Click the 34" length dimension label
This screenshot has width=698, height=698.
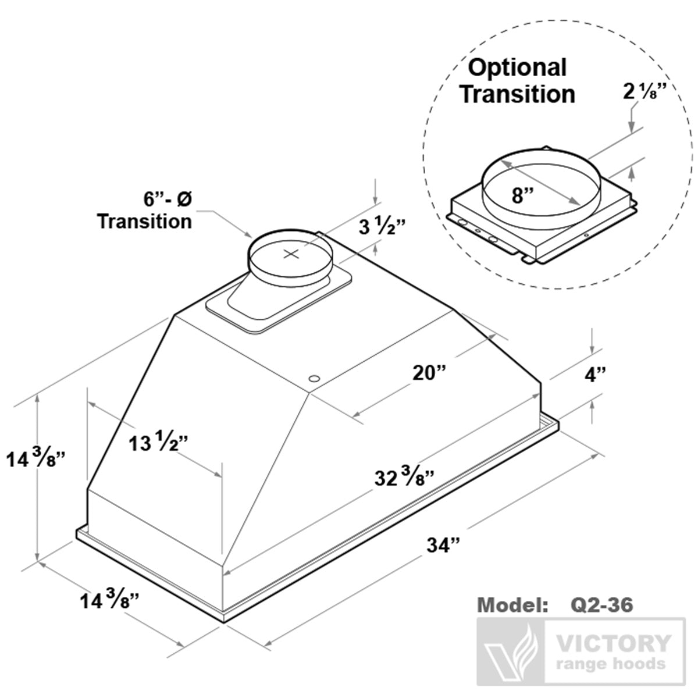[x=443, y=546]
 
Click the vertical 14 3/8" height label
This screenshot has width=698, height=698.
[x=34, y=459]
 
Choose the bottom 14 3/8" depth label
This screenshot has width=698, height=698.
[x=111, y=600]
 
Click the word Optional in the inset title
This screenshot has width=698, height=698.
[x=517, y=67]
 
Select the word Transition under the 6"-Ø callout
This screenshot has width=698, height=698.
[x=144, y=221]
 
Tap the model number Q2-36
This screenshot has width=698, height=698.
[x=599, y=605]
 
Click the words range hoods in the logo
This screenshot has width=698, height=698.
[x=610, y=664]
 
